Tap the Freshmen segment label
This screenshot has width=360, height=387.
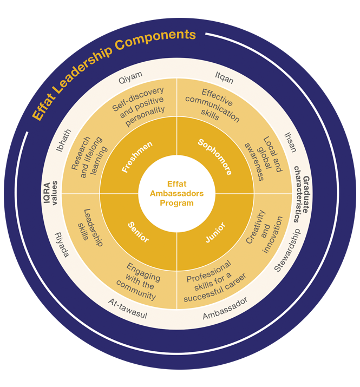pos(137,157)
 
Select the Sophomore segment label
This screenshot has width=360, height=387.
pos(215,157)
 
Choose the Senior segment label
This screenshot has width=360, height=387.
pos(139,231)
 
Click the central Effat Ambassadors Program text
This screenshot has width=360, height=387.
pos(176,194)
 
